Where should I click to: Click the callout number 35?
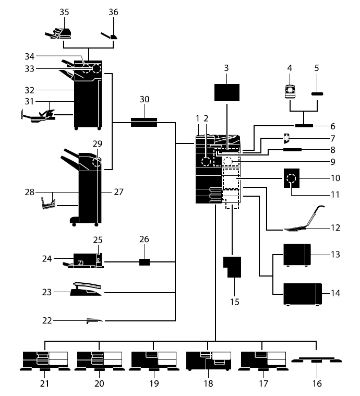pyautogui.click(x=64, y=12)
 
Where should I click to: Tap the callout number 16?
pyautogui.click(x=317, y=383)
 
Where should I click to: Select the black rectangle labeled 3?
pyautogui.click(x=227, y=93)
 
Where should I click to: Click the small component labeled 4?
pyautogui.click(x=290, y=91)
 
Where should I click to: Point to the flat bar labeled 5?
pyautogui.click(x=317, y=94)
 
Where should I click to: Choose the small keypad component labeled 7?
pyautogui.click(x=286, y=138)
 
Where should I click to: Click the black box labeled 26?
pyautogui.click(x=145, y=262)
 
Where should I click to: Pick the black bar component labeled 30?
pyautogui.click(x=144, y=122)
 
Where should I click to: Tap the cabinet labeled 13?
pyautogui.click(x=297, y=255)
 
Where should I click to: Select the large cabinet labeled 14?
pyautogui.click(x=303, y=294)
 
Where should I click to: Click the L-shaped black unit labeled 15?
pyautogui.click(x=233, y=267)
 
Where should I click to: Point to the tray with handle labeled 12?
pyautogui.click(x=303, y=220)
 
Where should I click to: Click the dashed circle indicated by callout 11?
pyautogui.click(x=291, y=178)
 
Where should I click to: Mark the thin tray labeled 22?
pyautogui.click(x=94, y=321)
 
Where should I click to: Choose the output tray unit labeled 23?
pyautogui.click(x=86, y=290)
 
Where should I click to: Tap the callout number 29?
pyautogui.click(x=98, y=143)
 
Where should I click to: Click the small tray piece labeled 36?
pyautogui.click(x=109, y=35)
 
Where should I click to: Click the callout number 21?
pyautogui.click(x=44, y=383)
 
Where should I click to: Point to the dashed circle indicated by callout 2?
pyautogui.click(x=206, y=161)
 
